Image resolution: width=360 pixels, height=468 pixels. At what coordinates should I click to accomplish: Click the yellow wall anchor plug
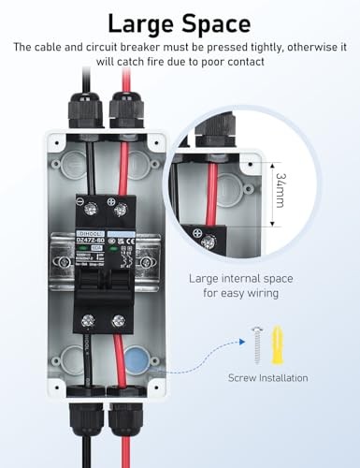277,346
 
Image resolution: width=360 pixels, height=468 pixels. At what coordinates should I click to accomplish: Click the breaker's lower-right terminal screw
118,321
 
